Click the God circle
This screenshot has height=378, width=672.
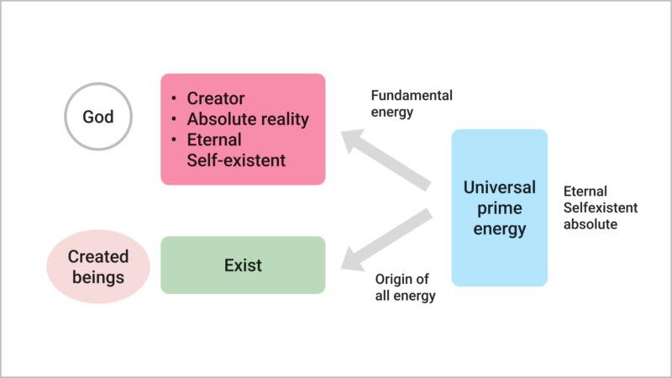tap(98, 117)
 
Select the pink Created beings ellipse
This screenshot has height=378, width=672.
tap(97, 265)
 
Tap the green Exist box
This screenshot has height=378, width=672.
tap(243, 265)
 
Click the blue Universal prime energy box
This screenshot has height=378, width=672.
tap(499, 207)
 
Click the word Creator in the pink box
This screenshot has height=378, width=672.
tap(216, 99)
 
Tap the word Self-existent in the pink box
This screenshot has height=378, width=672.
tap(236, 159)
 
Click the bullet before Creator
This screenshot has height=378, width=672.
tap(174, 99)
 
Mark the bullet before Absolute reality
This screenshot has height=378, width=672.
tap(174, 119)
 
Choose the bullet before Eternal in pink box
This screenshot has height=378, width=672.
tap(174, 139)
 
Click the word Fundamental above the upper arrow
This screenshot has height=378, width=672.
tap(412, 95)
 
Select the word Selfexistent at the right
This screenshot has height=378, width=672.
tap(601, 207)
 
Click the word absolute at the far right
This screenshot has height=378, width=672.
tap(591, 224)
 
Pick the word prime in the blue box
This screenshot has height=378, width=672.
tap(499, 207)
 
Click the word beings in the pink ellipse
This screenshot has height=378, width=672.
tap(97, 276)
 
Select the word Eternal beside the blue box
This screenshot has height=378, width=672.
tap(585, 192)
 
